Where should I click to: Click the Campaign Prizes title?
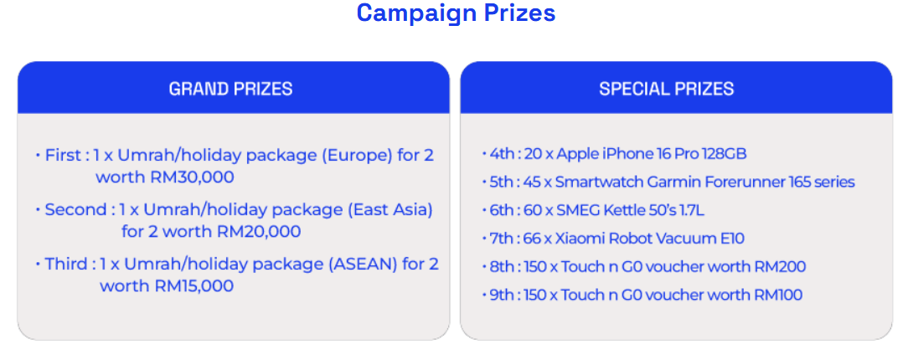point(456,13)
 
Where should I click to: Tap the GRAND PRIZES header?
point(230,89)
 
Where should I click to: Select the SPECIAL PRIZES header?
point(667,89)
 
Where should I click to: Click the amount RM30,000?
point(192,177)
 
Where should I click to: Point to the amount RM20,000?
point(259,232)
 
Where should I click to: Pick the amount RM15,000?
point(193,286)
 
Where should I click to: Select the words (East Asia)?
point(390,210)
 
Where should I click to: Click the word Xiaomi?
point(575,239)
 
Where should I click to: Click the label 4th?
point(502,154)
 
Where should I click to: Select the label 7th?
point(502,239)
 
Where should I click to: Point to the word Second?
point(75,210)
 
